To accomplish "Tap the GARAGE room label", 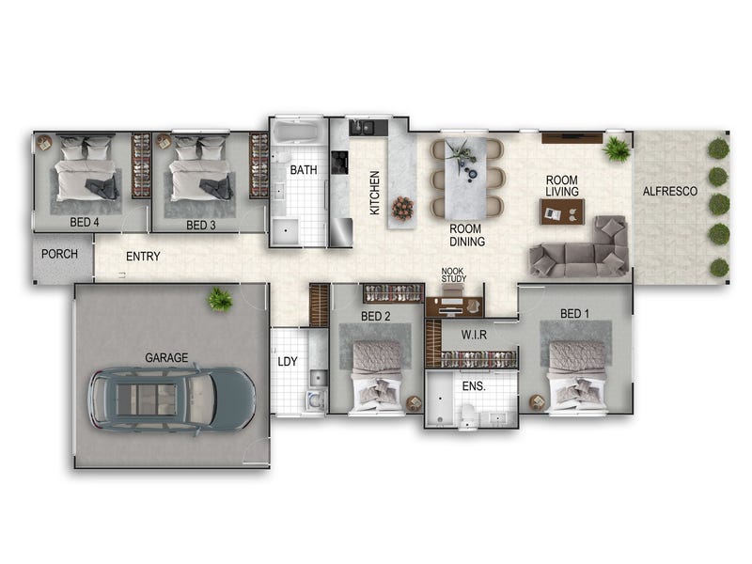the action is [166, 358].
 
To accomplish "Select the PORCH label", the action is [59, 254].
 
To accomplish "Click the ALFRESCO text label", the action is [670, 192].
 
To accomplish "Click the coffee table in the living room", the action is [562, 211].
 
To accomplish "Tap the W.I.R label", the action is [474, 335].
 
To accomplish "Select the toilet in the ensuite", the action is [466, 415].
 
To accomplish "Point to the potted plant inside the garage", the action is [220, 300].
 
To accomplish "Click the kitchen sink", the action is [362, 127].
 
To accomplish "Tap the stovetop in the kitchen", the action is [339, 162].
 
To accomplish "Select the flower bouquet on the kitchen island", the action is [402, 208].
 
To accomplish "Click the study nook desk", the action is [454, 306].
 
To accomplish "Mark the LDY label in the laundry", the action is [288, 362].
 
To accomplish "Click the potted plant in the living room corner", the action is [616, 149].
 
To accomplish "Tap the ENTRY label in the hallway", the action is [143, 257].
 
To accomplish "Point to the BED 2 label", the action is [375, 317].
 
